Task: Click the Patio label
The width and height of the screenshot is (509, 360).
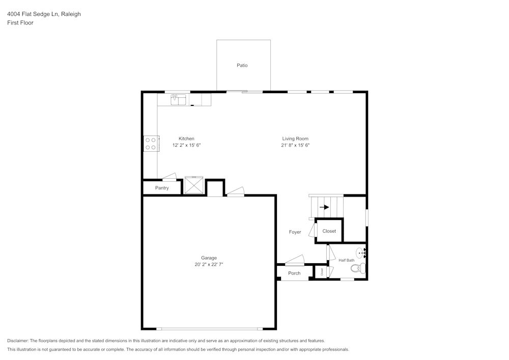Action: (x=242, y=65)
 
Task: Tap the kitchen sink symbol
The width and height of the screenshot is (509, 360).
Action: (x=178, y=100)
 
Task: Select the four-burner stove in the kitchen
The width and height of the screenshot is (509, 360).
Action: (x=151, y=144)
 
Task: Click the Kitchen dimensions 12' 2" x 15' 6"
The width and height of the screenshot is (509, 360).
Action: (x=186, y=145)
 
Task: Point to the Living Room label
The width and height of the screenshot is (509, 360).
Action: (x=295, y=139)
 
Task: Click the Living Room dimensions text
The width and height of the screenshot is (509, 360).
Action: (x=295, y=145)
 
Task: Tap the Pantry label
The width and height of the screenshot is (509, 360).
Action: (x=162, y=188)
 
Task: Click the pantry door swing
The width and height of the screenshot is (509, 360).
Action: (x=169, y=177)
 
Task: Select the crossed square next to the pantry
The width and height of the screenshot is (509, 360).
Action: (x=194, y=185)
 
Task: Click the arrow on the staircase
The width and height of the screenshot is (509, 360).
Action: (x=324, y=207)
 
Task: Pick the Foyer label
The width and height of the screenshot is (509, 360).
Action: (x=295, y=232)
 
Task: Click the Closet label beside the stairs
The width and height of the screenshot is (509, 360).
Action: (x=329, y=231)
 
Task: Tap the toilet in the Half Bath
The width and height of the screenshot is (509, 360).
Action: (x=358, y=268)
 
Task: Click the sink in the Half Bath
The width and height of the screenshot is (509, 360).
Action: (x=361, y=253)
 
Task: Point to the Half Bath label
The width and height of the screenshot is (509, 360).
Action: (x=346, y=260)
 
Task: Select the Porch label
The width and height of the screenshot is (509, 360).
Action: (x=294, y=273)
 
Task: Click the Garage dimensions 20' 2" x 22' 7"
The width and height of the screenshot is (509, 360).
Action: (x=209, y=264)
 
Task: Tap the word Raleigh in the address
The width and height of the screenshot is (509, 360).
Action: (x=71, y=14)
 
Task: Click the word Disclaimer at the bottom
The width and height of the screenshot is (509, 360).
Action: (x=17, y=341)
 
